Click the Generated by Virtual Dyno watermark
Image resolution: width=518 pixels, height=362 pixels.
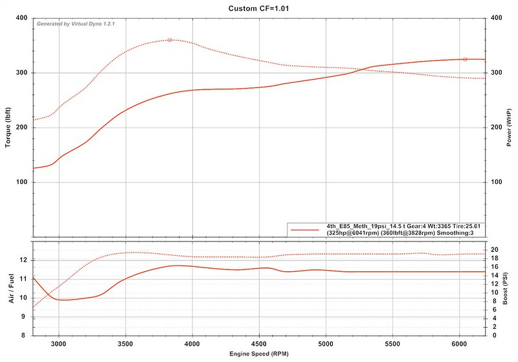click(x=77, y=23)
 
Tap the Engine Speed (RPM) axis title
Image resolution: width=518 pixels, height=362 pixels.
click(x=259, y=356)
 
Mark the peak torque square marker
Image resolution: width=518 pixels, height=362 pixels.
click(x=170, y=40)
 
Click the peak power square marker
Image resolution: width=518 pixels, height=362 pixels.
click(x=465, y=59)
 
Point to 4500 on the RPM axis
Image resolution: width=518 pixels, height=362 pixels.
click(x=259, y=345)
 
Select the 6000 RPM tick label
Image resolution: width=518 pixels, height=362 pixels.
click(x=459, y=345)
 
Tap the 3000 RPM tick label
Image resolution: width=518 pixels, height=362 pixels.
click(x=59, y=345)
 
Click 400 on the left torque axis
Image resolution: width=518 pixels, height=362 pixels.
click(x=21, y=18)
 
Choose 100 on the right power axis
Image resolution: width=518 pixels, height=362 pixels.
click(x=497, y=182)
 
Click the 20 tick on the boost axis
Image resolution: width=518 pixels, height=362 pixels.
click(x=493, y=249)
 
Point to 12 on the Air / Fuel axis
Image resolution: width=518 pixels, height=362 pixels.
click(x=23, y=260)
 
